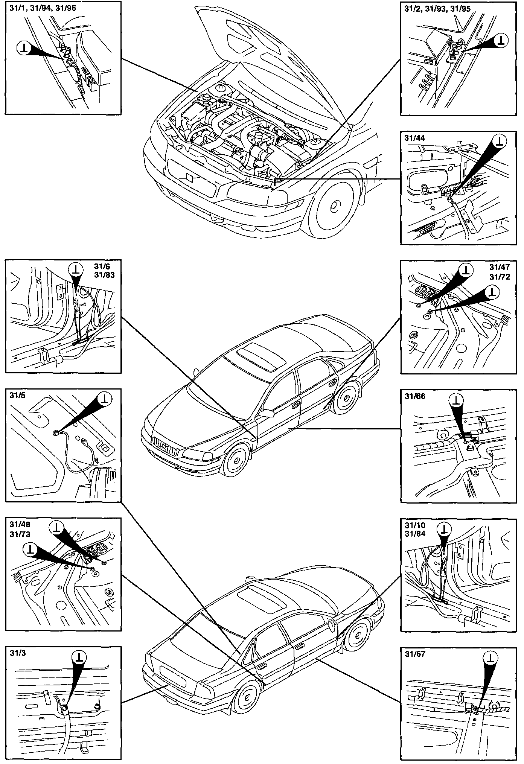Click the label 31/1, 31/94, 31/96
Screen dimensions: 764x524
click(x=41, y=8)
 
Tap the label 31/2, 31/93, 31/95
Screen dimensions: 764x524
click(x=437, y=8)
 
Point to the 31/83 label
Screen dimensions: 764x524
click(x=104, y=275)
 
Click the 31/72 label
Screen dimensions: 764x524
click(x=500, y=277)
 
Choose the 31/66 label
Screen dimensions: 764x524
click(x=415, y=396)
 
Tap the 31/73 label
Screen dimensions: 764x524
click(x=20, y=534)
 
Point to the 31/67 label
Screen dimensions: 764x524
click(x=415, y=654)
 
